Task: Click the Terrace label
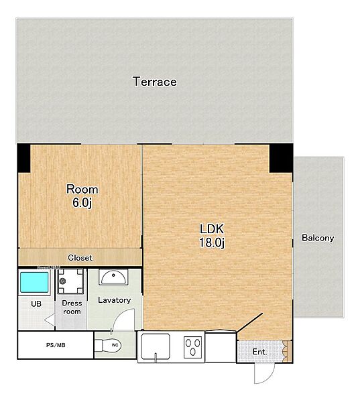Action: coord(155,82)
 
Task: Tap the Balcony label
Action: coord(318,238)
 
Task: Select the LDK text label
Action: coord(212,228)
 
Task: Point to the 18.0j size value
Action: coord(212,243)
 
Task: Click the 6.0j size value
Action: coord(82,203)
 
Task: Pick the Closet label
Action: coord(80,258)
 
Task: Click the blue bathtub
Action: coord(34,282)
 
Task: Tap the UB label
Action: coord(36,304)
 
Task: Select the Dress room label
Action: coord(72,307)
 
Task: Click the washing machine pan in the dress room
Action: coord(70,281)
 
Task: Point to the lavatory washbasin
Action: coord(113,277)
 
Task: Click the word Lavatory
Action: coord(115,300)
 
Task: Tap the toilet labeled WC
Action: coord(108,345)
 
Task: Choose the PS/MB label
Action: coord(56,345)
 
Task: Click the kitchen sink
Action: coord(156,346)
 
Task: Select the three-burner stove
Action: coord(193,347)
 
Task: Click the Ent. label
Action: coord(259,352)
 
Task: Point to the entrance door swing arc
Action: coord(269,377)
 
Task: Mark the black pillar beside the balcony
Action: coord(281,158)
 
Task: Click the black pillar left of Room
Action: coord(24,158)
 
